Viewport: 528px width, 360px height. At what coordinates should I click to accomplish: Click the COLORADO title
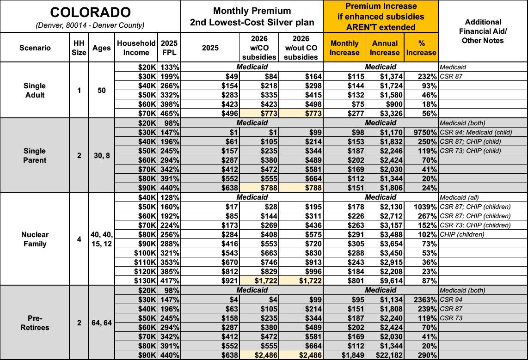(x=90, y=12)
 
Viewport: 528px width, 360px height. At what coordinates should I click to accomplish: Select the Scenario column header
(x=35, y=48)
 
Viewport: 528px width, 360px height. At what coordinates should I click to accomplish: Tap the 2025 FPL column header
(x=169, y=48)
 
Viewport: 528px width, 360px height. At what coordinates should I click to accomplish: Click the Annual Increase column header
(x=385, y=48)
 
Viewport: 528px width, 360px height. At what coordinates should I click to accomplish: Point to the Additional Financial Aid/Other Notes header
(x=483, y=31)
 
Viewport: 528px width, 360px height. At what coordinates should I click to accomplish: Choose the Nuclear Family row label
(x=35, y=239)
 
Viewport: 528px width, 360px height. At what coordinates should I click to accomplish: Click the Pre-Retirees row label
(x=35, y=323)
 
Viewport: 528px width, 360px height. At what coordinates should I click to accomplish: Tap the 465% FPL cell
(x=170, y=113)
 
